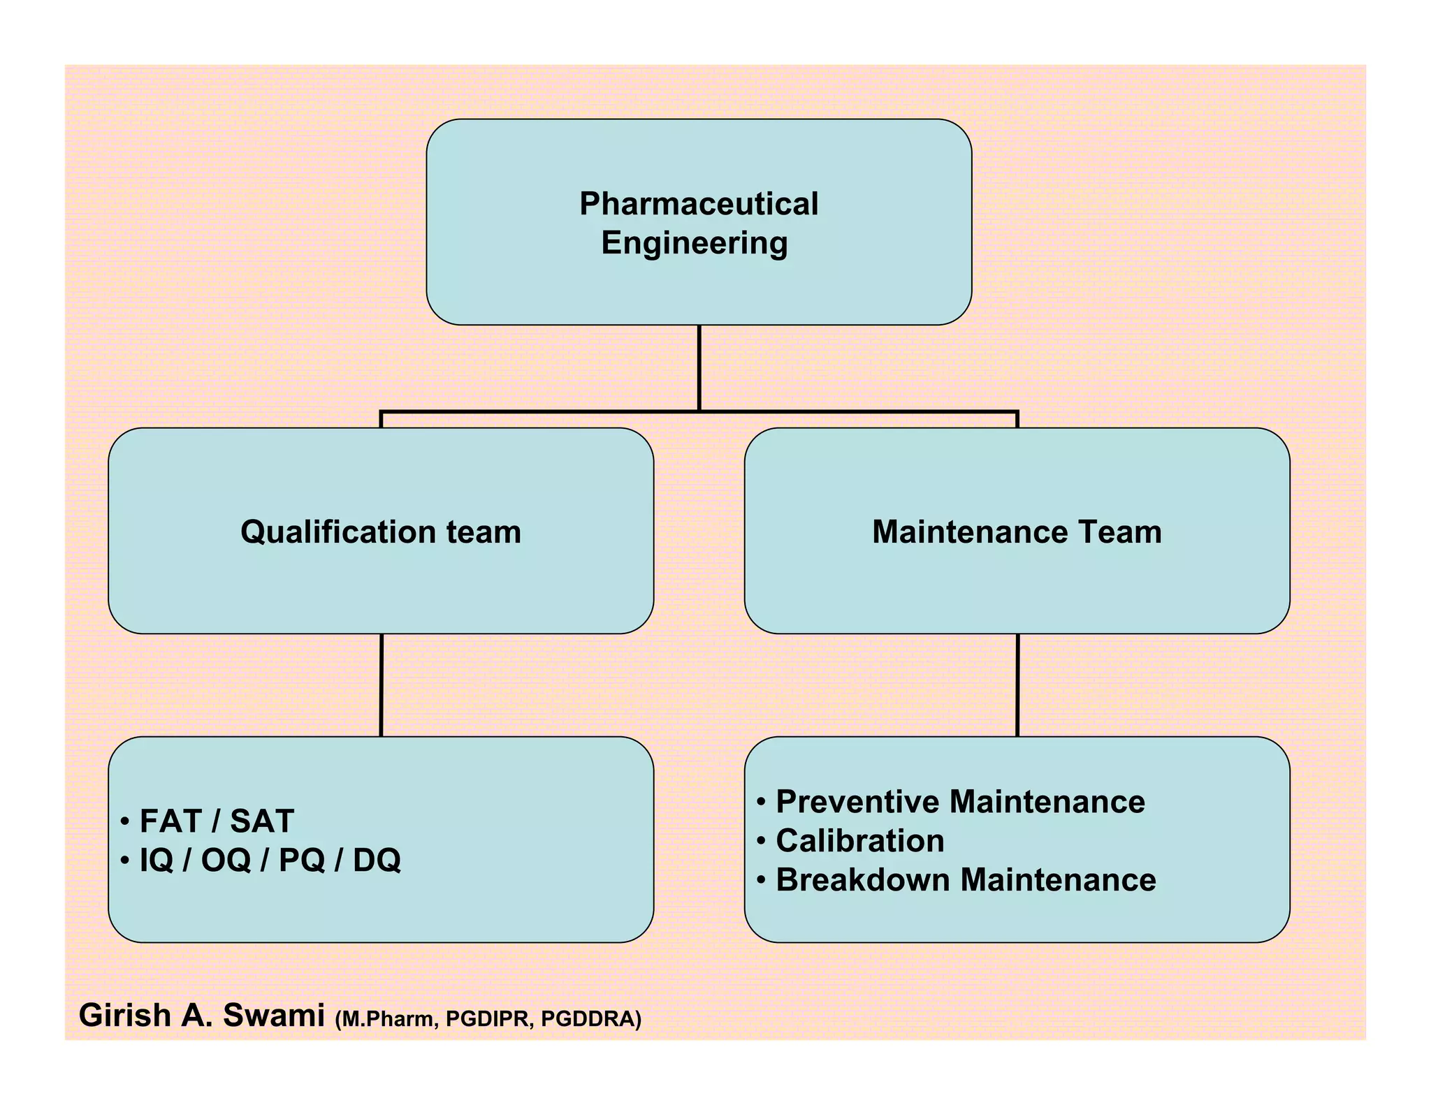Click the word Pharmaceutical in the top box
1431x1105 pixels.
click(x=699, y=204)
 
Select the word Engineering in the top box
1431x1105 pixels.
click(x=695, y=243)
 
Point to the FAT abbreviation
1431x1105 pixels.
click(x=170, y=821)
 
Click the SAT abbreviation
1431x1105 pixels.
click(x=262, y=821)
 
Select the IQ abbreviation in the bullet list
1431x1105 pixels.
click(x=157, y=860)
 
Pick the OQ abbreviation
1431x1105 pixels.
click(x=226, y=860)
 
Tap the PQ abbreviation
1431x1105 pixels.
click(x=302, y=860)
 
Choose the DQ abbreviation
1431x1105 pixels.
click(x=377, y=860)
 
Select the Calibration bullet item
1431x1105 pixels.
click(x=859, y=841)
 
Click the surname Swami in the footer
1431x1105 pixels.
click(x=273, y=1016)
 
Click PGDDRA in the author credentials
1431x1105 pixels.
click(x=589, y=1020)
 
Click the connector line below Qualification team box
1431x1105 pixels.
click(x=382, y=685)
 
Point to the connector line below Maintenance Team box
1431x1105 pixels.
click(x=1017, y=685)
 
